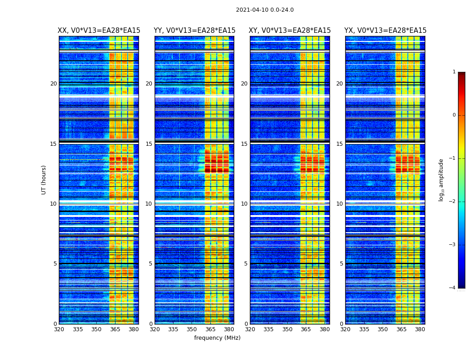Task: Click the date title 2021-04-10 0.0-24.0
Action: click(x=265, y=10)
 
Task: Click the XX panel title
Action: click(x=99, y=31)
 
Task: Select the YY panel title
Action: click(x=195, y=31)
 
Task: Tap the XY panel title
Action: click(x=290, y=31)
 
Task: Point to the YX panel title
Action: click(x=385, y=31)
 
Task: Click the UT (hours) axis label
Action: click(x=44, y=180)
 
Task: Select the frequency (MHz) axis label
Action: click(x=217, y=338)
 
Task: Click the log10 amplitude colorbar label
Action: click(x=441, y=180)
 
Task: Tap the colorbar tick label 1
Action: click(x=454, y=72)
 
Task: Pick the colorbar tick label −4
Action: click(x=452, y=288)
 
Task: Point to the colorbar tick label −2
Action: click(x=452, y=202)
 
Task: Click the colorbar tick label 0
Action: click(x=454, y=115)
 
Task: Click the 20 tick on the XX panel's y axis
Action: click(x=53, y=84)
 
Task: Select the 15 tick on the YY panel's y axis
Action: click(x=149, y=144)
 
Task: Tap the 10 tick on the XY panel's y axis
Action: click(x=244, y=204)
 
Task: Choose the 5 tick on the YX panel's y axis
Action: click(x=341, y=264)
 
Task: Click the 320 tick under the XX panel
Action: click(x=59, y=329)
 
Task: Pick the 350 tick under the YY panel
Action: click(x=192, y=329)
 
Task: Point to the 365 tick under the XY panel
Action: click(x=306, y=329)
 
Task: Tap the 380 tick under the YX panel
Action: click(x=420, y=329)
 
